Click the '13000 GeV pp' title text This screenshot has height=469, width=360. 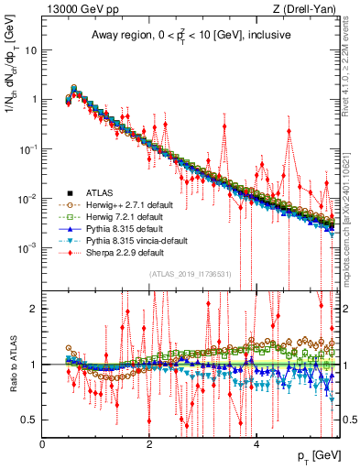[77, 9]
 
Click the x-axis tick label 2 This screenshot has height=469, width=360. [150, 443]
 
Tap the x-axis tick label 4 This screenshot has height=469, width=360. [256, 443]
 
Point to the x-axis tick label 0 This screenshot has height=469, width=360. [43, 443]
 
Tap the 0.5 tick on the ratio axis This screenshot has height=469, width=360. [30, 420]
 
